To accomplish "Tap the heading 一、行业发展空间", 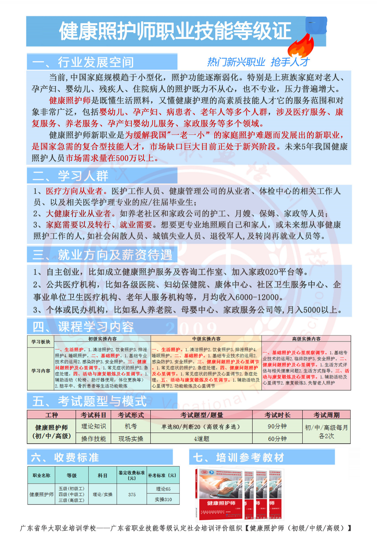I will pos(83,62).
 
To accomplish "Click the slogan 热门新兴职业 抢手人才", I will pos(258,62).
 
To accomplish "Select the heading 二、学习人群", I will pos(70,176).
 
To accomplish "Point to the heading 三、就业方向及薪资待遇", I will pos(102,255).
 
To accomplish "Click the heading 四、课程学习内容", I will pos(83,327).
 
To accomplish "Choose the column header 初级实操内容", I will pos(102,339).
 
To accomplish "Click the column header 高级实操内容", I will pos(306,339).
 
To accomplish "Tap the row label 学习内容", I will pos(41,371).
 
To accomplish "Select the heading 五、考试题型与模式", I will pos(89,401).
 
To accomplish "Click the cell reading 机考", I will pos(131,426).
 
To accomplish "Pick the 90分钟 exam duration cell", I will pos(277,426).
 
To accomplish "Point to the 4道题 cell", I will pos(201,439).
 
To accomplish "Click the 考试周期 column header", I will pos(326,415).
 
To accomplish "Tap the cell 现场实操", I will pos(131,439).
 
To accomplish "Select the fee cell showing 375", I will pos(132,495).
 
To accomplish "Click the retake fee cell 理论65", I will pos(163,489).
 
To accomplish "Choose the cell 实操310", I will pos(163,500).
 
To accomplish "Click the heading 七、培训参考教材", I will pos(238,457).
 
